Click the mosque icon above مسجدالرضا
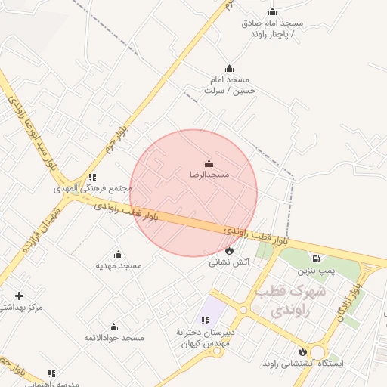click(209, 163)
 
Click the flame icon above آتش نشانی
click(229, 251)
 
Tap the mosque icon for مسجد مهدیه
click(118, 255)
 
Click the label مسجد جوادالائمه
click(113, 337)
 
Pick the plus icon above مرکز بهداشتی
click(19, 296)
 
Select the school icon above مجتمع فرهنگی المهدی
click(92, 177)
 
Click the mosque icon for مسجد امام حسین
click(230, 69)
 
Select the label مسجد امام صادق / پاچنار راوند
click(272, 28)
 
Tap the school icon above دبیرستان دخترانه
click(206, 320)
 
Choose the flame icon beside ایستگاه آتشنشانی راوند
click(302, 351)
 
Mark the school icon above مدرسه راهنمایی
click(51, 373)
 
